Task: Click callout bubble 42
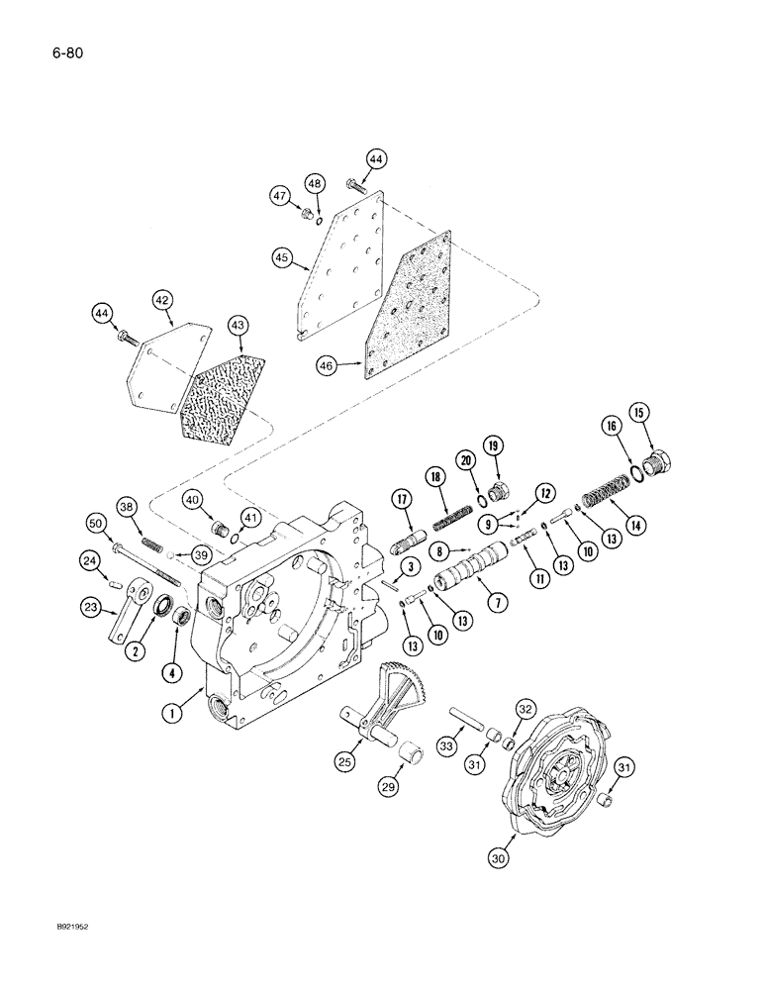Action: [x=162, y=299]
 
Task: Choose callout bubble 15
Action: [x=665, y=412]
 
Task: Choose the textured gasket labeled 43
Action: [x=227, y=385]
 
